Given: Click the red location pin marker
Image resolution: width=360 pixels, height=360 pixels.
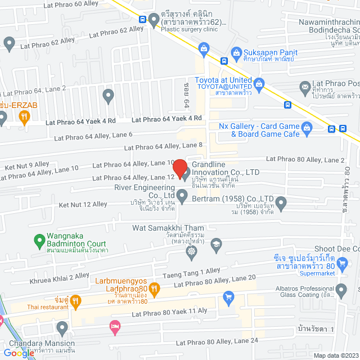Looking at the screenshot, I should click(x=179, y=168).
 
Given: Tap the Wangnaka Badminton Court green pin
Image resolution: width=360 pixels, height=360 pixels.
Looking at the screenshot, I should click(x=39, y=242).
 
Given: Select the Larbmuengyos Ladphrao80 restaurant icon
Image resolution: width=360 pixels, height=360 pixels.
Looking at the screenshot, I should click(x=155, y=288).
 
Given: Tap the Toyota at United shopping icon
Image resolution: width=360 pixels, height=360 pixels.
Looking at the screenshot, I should click(x=259, y=85).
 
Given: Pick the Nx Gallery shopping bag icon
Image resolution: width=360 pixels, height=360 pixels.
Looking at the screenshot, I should click(x=307, y=129).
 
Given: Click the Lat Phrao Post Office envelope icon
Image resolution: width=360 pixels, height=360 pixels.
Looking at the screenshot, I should click(x=305, y=87).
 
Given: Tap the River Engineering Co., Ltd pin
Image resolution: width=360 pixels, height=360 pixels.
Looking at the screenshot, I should click(x=182, y=196).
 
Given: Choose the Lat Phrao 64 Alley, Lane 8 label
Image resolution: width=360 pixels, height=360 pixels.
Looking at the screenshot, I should click(x=163, y=146).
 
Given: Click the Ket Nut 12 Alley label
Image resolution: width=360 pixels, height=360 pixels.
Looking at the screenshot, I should click(x=82, y=204).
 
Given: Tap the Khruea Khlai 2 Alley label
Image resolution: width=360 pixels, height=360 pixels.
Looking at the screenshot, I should click(x=59, y=276).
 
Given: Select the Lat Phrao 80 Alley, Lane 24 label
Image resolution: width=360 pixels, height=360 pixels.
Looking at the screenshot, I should click(x=217, y=341).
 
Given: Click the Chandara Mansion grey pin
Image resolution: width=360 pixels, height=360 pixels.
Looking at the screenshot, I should click(x=61, y=327).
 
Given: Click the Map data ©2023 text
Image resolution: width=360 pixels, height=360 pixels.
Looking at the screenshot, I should click(x=335, y=355).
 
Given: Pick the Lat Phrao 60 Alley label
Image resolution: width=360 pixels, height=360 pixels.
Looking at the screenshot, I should click(x=71, y=4).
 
